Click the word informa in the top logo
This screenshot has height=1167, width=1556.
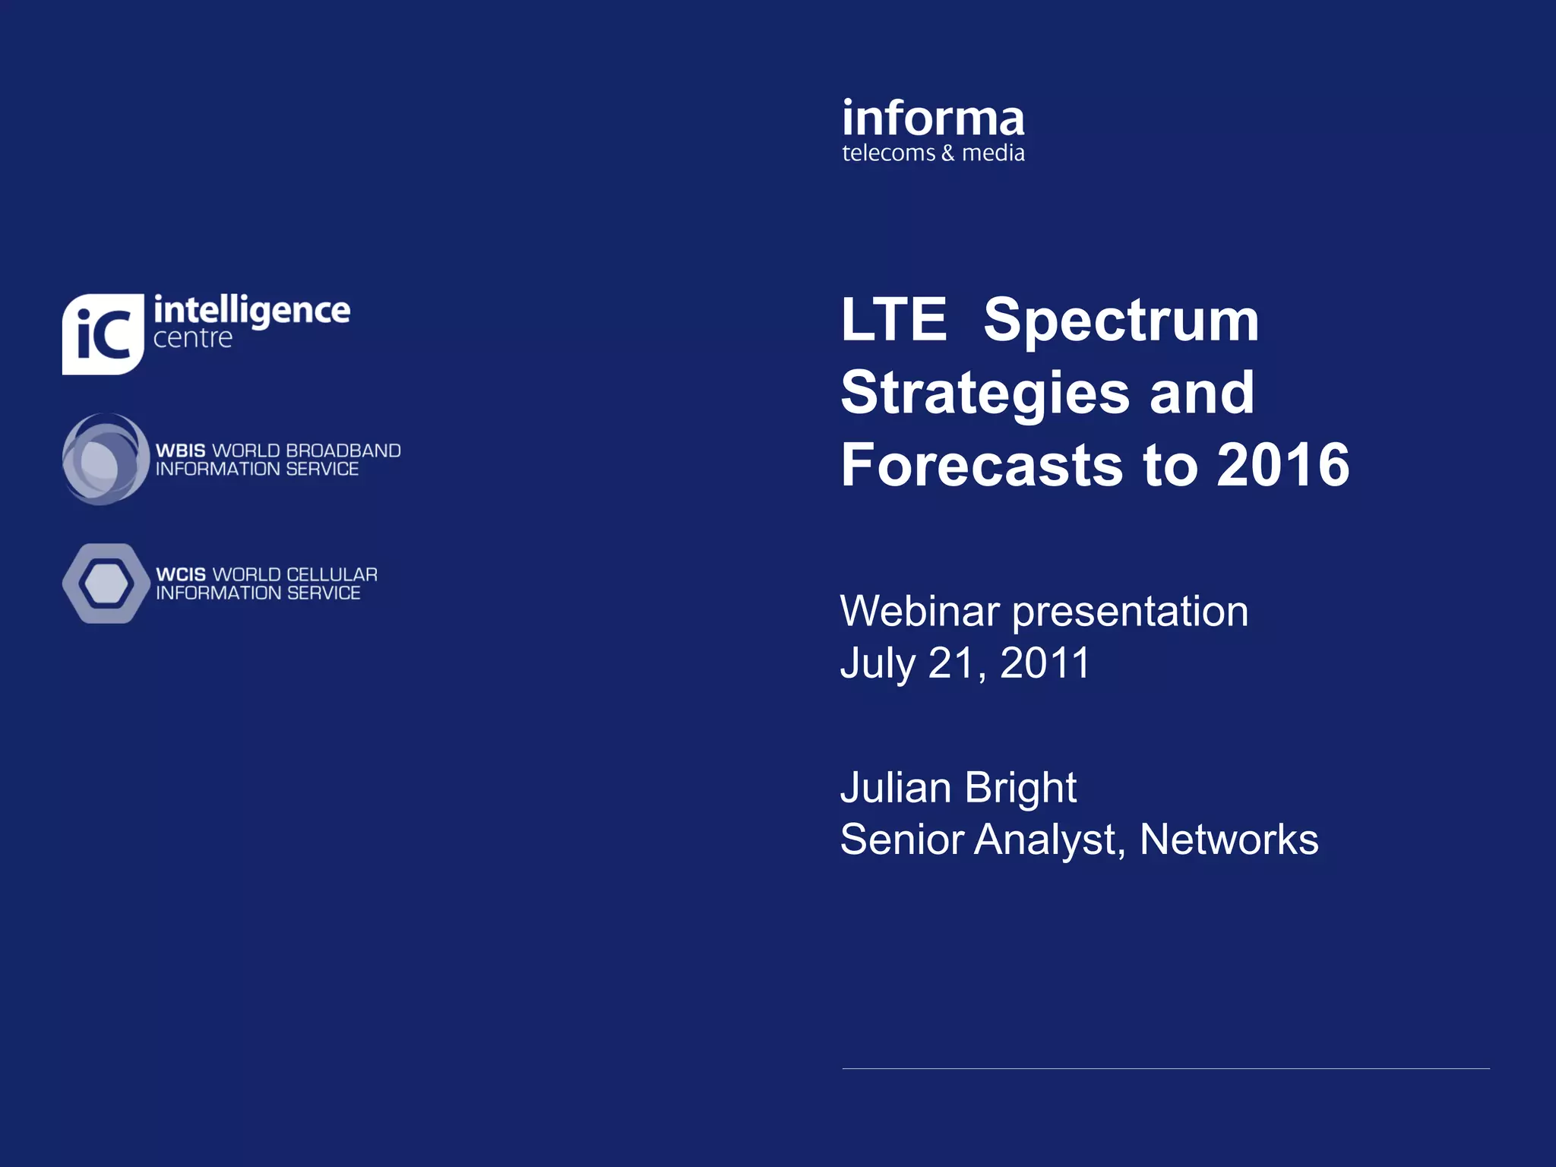(933, 120)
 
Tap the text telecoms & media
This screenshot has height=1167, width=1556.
(933, 153)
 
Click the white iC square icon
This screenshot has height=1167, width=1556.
(103, 334)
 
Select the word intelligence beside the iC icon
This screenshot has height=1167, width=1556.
(251, 311)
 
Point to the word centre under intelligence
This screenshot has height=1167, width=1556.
(192, 339)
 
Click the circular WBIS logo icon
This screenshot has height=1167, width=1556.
(105, 459)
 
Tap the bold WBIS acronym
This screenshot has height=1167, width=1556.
(180, 451)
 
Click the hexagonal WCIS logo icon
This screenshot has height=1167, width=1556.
(106, 583)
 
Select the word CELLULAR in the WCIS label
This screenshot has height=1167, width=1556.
(331, 575)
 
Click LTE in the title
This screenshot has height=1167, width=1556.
(893, 320)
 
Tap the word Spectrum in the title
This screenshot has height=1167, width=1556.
(1121, 320)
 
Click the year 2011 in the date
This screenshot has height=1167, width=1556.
(1045, 663)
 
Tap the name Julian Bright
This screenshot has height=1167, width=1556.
(958, 788)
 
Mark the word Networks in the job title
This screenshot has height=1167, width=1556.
(1229, 840)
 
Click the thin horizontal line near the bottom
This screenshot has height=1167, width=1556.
(1165, 1068)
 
